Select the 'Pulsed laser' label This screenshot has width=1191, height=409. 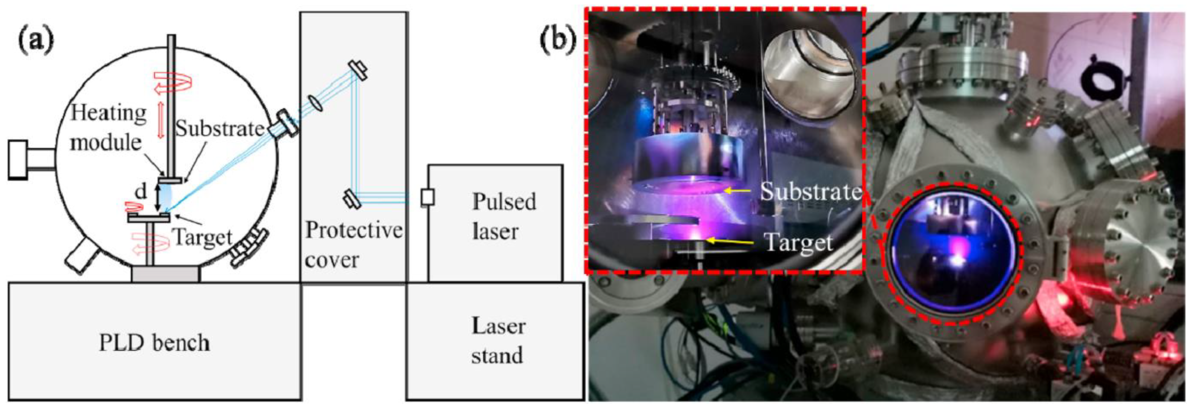click(x=504, y=216)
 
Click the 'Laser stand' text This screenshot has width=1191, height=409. click(x=498, y=341)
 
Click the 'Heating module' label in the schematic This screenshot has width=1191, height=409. click(x=108, y=127)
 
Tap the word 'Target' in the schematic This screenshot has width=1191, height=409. click(x=202, y=238)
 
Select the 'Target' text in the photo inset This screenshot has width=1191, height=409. click(x=798, y=242)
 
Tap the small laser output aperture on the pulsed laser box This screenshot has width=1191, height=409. click(x=427, y=198)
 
